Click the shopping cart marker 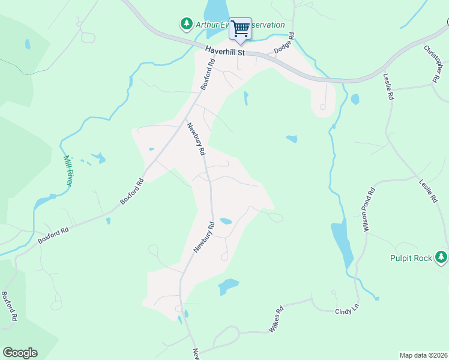point(240,29)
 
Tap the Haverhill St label point(225,52)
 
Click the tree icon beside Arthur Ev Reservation point(186,25)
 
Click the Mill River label point(68,170)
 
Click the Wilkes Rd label point(276,320)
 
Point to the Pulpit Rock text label point(411,258)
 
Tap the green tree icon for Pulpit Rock point(442,257)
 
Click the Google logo point(20,353)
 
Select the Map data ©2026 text point(423,355)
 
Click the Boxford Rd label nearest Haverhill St point(208,74)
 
